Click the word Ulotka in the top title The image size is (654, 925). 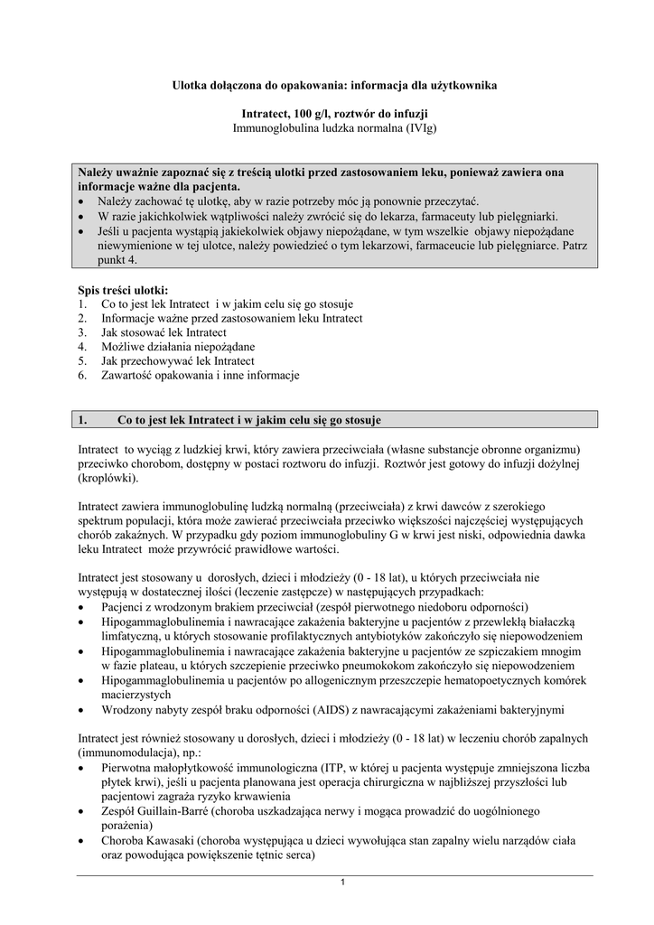point(192,85)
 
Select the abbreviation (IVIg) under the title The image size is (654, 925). point(419,129)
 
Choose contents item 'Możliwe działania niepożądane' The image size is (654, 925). point(178,347)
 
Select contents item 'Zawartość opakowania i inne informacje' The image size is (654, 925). point(200,376)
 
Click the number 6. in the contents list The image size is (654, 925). point(82,376)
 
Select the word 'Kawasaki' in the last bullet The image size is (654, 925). point(168,840)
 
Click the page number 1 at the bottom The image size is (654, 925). point(344,883)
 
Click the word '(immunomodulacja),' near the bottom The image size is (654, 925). point(124,752)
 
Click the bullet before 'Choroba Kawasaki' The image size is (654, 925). point(83,840)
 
